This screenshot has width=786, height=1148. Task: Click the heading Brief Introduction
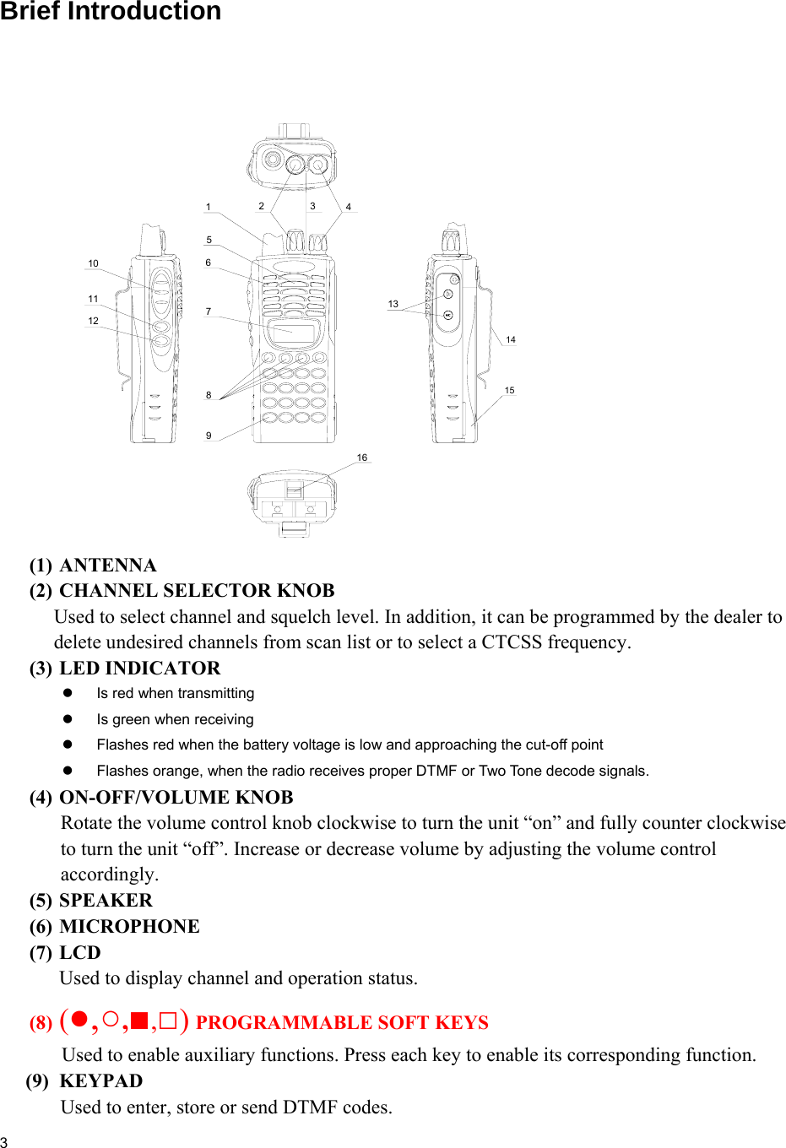click(x=111, y=12)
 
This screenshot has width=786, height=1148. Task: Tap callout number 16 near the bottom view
click(x=362, y=458)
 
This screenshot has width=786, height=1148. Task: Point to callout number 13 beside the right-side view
click(x=393, y=304)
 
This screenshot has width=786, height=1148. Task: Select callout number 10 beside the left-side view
click(x=93, y=263)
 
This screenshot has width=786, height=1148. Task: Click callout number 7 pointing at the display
click(x=209, y=311)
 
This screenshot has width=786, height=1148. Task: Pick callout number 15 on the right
click(x=510, y=390)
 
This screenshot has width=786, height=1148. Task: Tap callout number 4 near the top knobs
click(x=349, y=207)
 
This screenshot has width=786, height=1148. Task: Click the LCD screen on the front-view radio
click(x=292, y=331)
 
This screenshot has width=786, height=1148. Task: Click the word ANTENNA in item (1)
click(x=108, y=566)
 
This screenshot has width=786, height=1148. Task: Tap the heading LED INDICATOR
click(x=139, y=669)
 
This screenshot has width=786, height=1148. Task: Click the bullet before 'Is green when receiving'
click(x=68, y=719)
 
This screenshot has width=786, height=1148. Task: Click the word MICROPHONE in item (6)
click(x=129, y=927)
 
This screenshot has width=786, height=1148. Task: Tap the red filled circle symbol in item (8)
click(x=79, y=1020)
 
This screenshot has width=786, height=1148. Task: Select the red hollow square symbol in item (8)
click(x=168, y=1021)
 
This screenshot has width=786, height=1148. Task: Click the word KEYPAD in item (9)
click(x=101, y=1081)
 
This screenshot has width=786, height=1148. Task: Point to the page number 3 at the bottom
click(x=4, y=1142)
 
